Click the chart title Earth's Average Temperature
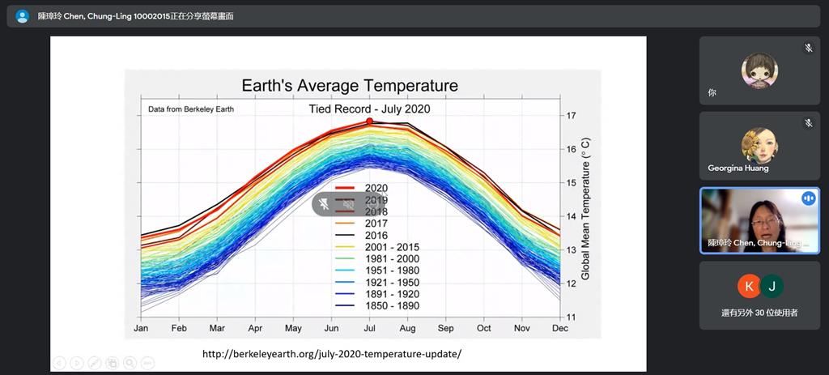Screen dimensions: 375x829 350,85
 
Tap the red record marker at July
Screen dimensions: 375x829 369,121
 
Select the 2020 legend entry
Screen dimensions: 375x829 376,188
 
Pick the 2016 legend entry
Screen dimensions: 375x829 376,235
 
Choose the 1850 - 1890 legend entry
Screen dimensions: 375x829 392,306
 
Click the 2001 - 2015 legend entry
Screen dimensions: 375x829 392,247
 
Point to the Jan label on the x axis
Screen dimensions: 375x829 141,329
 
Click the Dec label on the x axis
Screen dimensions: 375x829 559,329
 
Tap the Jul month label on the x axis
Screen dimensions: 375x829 369,329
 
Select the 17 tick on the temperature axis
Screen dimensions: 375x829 571,116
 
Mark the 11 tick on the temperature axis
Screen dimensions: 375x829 571,317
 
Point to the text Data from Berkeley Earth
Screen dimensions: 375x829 191,109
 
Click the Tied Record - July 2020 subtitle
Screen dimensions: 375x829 369,109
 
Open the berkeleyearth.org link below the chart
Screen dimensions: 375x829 331,354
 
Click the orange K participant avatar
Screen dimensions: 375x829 748,286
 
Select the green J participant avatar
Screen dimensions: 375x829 772,286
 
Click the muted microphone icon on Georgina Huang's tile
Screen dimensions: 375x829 808,123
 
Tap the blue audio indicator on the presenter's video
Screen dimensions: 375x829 808,198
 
